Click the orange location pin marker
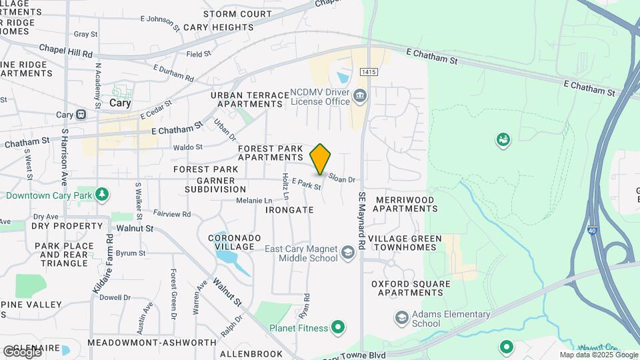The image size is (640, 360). coord(320,159)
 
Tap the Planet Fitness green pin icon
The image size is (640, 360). coord(339,327)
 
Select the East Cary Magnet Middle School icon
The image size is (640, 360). coord(347,253)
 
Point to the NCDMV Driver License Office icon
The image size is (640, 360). coord(360,95)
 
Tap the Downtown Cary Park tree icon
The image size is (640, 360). coord(102,194)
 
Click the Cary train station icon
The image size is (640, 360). coord(81,114)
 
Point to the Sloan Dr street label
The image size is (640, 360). coord(342,179)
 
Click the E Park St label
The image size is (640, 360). coord(307,184)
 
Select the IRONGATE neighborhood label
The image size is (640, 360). coord(289,209)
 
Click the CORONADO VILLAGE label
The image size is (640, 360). coord(231,242)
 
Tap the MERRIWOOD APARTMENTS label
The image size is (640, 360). coord(405,204)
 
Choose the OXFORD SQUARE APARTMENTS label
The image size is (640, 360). coord(411,289)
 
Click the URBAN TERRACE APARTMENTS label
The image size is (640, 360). coord(247,100)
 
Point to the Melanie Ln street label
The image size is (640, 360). coord(254,200)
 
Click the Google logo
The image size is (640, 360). coord(23,351)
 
